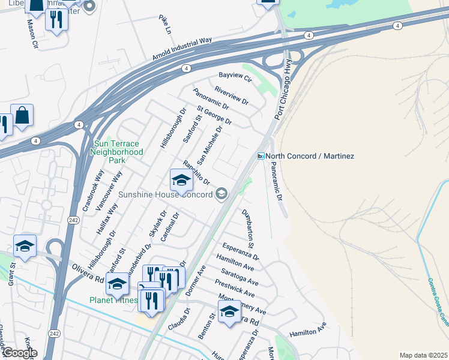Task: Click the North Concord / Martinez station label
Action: [310, 156]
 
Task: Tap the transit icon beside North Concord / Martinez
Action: [261, 156]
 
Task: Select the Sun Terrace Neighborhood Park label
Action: [118, 152]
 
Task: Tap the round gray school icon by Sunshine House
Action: [221, 193]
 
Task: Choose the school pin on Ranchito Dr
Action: [181, 181]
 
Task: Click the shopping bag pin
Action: [22, 116]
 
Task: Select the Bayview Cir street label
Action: [235, 77]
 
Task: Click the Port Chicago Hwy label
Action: [284, 90]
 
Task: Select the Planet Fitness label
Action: [113, 300]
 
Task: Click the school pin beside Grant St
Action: [25, 246]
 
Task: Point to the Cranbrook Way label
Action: [94, 189]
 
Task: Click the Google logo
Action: [20, 353]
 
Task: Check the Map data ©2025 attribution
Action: [423, 355]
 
